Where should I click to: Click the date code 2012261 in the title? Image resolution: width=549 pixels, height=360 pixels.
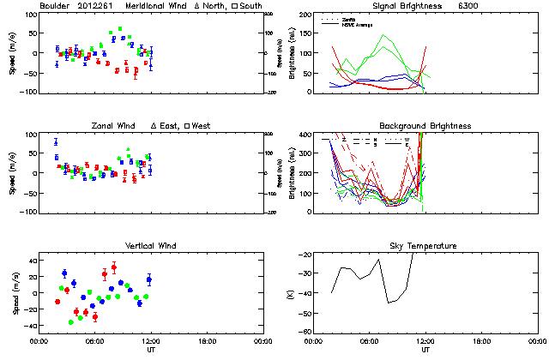click(98, 6)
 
